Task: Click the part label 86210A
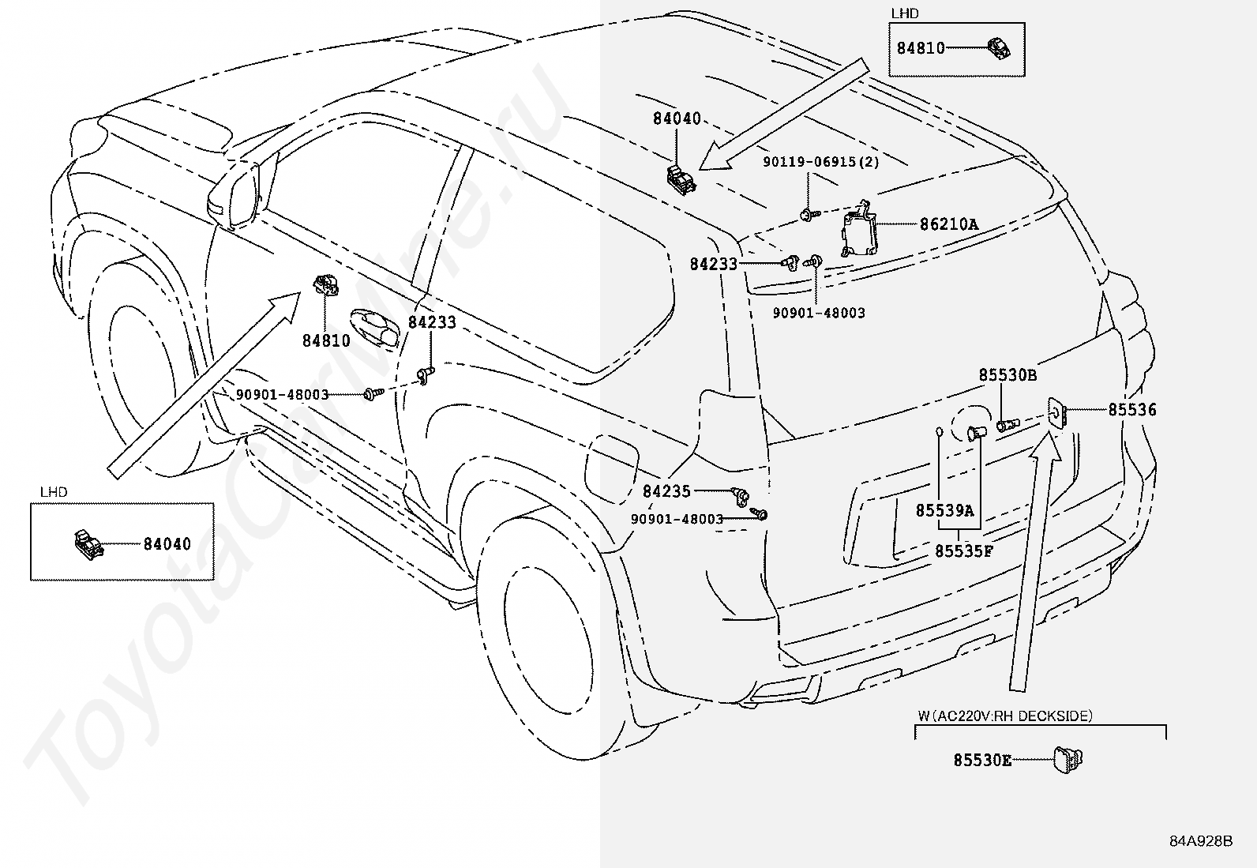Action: click(949, 224)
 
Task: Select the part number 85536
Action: click(1132, 410)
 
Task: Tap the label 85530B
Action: click(1007, 374)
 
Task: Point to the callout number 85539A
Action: click(945, 510)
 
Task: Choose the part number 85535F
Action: click(964, 551)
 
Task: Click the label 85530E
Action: click(982, 761)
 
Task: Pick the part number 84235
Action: click(666, 491)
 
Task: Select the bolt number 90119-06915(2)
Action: click(821, 162)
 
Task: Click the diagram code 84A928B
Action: click(1201, 841)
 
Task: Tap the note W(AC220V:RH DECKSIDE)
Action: click(1005, 716)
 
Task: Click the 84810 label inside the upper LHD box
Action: click(921, 48)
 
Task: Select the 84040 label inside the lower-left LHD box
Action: click(167, 544)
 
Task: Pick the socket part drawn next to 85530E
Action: click(1068, 760)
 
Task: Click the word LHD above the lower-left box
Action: click(54, 492)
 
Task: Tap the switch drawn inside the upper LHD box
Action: click(999, 47)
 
